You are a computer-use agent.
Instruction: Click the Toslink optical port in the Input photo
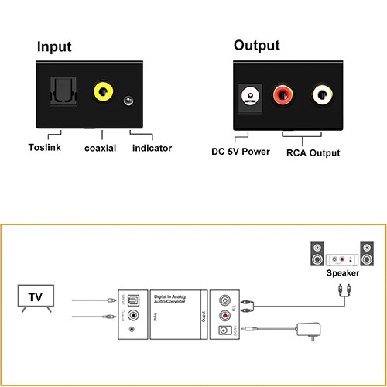[x=63, y=94]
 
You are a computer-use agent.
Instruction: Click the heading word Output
[x=256, y=45]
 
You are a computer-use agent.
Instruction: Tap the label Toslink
[x=46, y=147]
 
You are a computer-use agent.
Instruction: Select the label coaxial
[x=100, y=148]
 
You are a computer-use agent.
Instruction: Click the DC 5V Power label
[x=241, y=151]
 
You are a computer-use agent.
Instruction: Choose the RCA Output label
[x=313, y=152]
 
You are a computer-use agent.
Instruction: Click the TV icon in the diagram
[x=36, y=299]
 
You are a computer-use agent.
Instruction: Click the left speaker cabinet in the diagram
[x=317, y=255]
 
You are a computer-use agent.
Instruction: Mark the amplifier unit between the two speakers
[x=341, y=260]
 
